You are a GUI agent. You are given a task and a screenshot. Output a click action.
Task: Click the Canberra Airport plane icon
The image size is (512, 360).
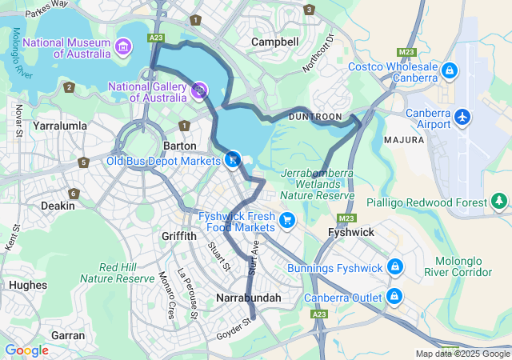pyautogui.click(x=462, y=117)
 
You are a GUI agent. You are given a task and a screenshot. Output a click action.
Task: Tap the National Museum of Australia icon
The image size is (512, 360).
pyautogui.click(x=123, y=46)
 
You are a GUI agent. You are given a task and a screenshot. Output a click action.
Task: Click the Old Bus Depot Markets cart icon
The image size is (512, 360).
pyautogui.click(x=232, y=160)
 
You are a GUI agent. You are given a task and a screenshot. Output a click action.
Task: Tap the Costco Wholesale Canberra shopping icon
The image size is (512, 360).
pyautogui.click(x=450, y=72)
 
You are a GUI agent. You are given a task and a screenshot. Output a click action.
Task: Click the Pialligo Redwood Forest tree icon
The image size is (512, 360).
pyautogui.click(x=499, y=201)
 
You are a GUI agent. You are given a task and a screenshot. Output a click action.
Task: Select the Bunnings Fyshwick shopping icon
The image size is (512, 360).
pyautogui.click(x=394, y=266)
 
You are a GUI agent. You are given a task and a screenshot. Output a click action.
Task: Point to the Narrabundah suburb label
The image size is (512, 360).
pyautogui.click(x=249, y=298)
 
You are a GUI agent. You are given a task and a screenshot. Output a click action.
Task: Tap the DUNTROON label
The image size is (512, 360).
pyautogui.click(x=318, y=117)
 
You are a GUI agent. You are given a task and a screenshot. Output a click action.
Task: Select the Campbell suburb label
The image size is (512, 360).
pyautogui.click(x=274, y=42)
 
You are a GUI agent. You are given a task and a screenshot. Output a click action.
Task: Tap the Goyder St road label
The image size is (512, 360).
pyautogui.click(x=234, y=329)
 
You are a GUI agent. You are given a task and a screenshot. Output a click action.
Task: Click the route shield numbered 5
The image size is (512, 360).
pyautogui.click(x=84, y=162)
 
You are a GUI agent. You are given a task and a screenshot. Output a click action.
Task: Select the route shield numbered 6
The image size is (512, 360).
pyautogui.click(x=74, y=194)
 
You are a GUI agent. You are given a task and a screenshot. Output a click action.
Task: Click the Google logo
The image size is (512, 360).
pyautogui.click(x=26, y=350)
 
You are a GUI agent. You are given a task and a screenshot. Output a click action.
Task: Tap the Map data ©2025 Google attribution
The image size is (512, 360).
pyautogui.click(x=462, y=354)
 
